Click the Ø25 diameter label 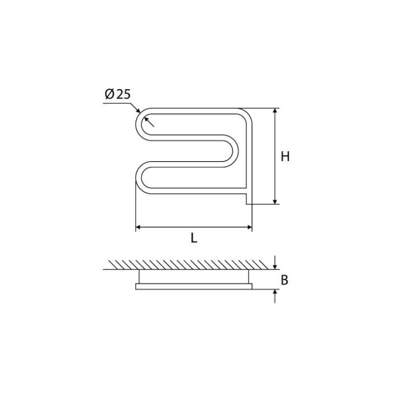pyautogui.click(x=118, y=94)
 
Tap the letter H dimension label pyautogui.click(x=285, y=157)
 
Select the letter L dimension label pyautogui.click(x=194, y=238)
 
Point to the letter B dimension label pyautogui.click(x=285, y=280)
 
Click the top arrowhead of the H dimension pyautogui.click(x=275, y=111)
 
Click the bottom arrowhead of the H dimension pyautogui.click(x=275, y=202)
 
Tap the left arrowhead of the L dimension pyautogui.click(x=138, y=227)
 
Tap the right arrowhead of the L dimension pyautogui.click(x=249, y=227)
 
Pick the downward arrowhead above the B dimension pyautogui.click(x=275, y=267)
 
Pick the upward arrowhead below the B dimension pyautogui.click(x=275, y=293)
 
